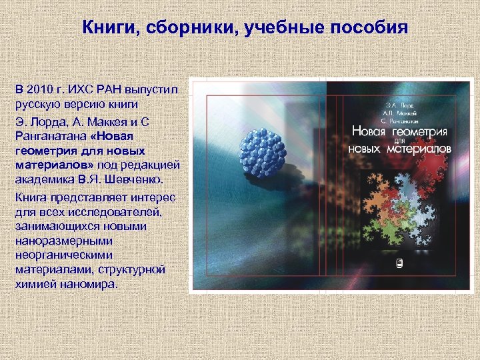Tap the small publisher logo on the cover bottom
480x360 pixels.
[400, 263]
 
